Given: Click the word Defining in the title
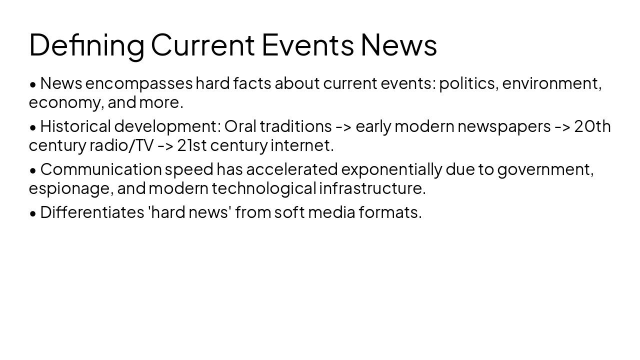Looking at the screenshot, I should pyautogui.click(x=86, y=44).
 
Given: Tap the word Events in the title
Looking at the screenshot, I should pyautogui.click(x=307, y=44).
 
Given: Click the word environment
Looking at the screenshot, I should pyautogui.click(x=551, y=83).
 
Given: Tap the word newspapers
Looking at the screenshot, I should pyautogui.click(x=504, y=126).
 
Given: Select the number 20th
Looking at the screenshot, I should pyautogui.click(x=592, y=126).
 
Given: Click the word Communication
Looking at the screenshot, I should pyautogui.click(x=101, y=169).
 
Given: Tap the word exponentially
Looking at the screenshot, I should pyautogui.click(x=391, y=169).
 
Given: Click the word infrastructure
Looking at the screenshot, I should pyautogui.click(x=372, y=188).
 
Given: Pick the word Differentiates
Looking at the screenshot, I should pyautogui.click(x=92, y=212).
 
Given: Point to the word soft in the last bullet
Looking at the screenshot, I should pyautogui.click(x=289, y=212).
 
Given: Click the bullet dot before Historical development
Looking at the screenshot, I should pyautogui.click(x=33, y=127).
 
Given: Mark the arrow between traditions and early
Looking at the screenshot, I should pyautogui.click(x=343, y=127).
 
